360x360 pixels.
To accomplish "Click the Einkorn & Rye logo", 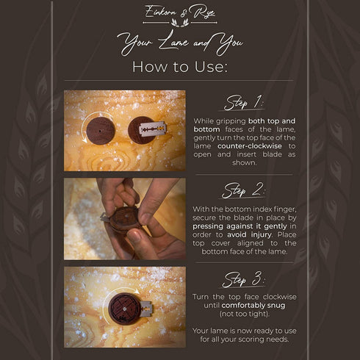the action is coord(180,15).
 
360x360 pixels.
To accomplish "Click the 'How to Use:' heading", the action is coord(180,67).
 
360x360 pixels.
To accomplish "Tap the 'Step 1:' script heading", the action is coord(244,103).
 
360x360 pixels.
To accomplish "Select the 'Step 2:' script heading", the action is coord(243,190).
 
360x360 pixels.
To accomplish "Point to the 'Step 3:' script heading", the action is coord(243,279).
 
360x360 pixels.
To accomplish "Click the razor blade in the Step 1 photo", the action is coord(153,129).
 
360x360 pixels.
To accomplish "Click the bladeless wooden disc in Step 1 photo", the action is coord(101,131).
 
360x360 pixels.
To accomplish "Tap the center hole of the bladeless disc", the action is coord(100,132).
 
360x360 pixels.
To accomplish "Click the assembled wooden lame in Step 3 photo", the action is coord(125,309).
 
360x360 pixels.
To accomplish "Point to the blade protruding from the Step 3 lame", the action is coord(147,309).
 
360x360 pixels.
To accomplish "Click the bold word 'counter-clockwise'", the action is coord(250,146).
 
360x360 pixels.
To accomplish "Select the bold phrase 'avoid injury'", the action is coord(249,234).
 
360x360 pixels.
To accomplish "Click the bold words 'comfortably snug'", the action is coord(253,306).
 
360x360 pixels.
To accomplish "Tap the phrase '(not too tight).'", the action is coord(245,314).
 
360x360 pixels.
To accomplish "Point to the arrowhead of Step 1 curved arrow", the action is coord(84,140).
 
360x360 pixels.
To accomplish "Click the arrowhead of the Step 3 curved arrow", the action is coord(137,291).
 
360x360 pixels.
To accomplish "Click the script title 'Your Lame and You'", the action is coord(180,43).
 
